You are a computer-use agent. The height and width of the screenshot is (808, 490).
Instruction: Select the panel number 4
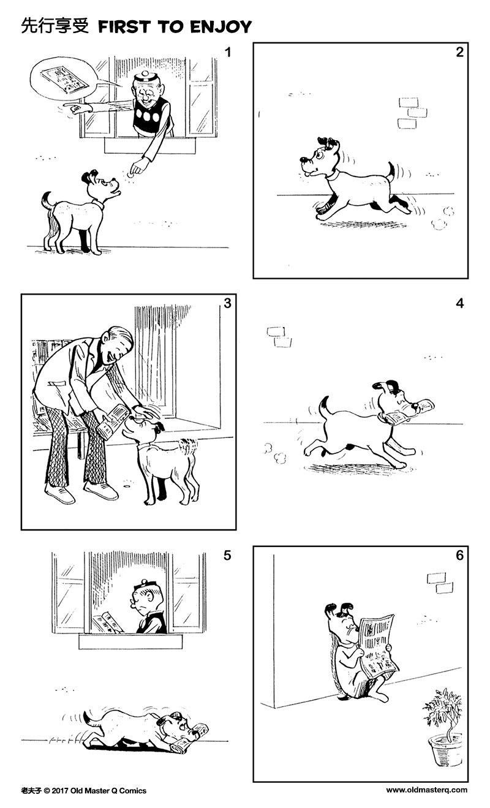coord(460,303)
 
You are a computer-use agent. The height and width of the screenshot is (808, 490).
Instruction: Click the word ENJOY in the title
coord(223,26)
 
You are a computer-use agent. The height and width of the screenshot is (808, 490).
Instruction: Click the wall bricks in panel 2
coord(412,113)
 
